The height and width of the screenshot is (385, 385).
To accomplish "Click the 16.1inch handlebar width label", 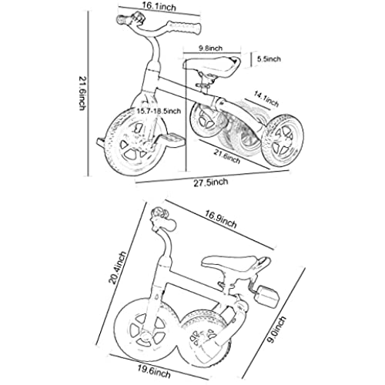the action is point(159,7).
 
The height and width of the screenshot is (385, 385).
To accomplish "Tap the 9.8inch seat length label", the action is point(210,49).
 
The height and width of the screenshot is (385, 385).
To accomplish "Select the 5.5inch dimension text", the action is point(269,59).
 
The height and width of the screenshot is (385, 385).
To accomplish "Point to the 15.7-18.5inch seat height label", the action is point(159,111).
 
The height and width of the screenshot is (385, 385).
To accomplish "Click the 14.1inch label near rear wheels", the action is point(266,99).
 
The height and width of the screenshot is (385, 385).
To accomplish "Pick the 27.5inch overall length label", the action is point(211,182).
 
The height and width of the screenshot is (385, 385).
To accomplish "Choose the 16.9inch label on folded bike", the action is point(220,219).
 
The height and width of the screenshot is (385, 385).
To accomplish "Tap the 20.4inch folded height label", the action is point(118,268).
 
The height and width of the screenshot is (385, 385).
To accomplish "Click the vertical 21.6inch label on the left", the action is point(82,93).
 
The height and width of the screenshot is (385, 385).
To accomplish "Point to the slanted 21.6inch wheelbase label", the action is point(227,156).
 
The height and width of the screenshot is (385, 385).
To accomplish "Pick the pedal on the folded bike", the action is point(268,296).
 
